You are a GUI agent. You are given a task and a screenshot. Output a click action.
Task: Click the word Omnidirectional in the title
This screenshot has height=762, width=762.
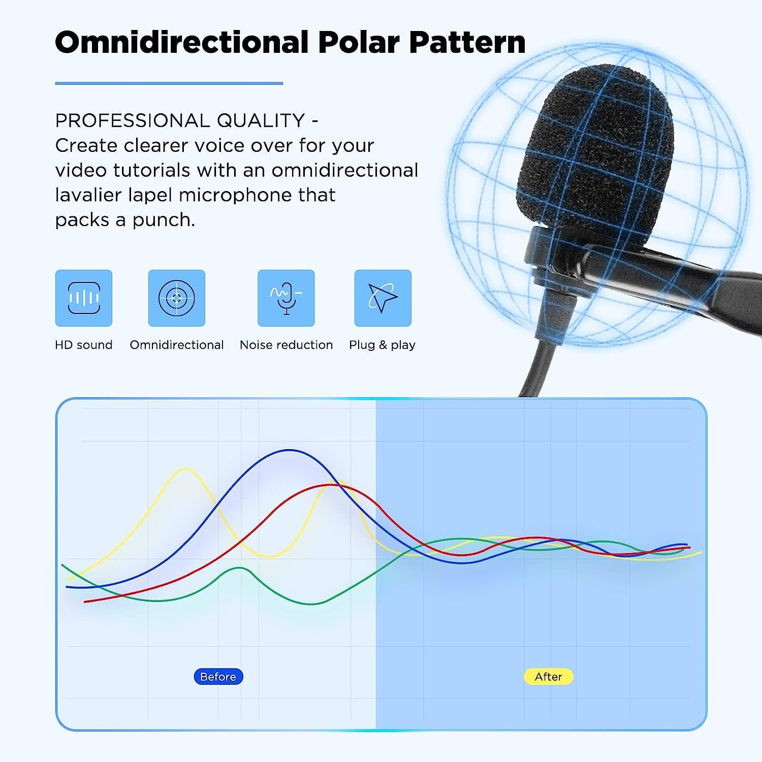coord(181,42)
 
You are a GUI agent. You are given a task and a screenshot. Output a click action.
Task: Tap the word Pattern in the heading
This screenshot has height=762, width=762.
coord(467,42)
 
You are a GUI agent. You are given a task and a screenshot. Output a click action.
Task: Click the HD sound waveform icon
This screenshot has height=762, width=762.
coord(84,298)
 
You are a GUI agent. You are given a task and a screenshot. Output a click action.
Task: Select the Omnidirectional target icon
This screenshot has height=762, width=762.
coord(177,298)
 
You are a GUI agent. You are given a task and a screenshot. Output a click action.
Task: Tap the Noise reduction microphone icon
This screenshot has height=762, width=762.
coord(286,298)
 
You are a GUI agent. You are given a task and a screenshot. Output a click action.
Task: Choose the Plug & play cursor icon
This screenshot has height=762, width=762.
coord(383,298)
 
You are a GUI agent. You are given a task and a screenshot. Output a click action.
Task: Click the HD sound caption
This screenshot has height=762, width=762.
coord(84,345)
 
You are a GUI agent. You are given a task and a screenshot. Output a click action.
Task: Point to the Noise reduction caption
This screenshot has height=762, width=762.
coord(286,345)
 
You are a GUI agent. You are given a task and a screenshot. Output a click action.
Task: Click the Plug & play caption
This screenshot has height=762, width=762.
coord(382,345)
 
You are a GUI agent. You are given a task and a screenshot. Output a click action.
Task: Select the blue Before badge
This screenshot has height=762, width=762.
coord(218,677)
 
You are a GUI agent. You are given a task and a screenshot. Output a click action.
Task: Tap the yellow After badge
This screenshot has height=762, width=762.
coord(548,677)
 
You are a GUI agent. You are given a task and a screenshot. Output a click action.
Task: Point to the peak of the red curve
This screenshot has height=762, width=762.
coord(331,485)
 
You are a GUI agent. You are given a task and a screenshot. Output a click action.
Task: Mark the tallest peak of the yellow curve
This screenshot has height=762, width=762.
coord(185,469)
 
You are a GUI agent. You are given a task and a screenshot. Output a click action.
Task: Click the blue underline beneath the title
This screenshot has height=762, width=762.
coord(169,83)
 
